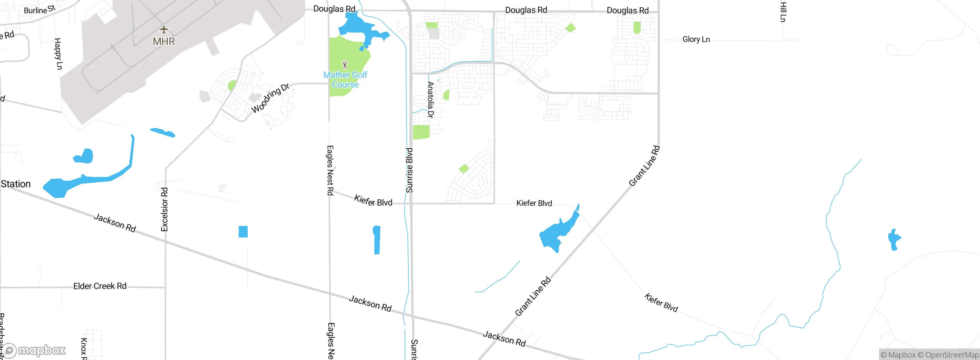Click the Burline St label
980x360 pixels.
[x=39, y=10]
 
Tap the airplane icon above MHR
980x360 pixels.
[x=164, y=29]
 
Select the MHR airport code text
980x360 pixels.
[x=164, y=41]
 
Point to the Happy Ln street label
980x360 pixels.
[x=58, y=54]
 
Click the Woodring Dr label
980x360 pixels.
[x=270, y=98]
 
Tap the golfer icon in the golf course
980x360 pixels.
[x=345, y=64]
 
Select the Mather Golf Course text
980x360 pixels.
[x=345, y=80]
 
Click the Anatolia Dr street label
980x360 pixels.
[x=431, y=100]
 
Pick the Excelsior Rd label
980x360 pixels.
[x=165, y=209]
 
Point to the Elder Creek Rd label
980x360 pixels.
[x=100, y=286]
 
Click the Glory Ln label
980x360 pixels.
[x=696, y=39]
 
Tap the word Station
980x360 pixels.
[x=16, y=184]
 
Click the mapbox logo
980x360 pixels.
[x=34, y=350]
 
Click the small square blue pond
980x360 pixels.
[x=243, y=232]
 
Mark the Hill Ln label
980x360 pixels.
[x=783, y=11]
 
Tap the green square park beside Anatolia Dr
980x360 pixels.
[x=421, y=132]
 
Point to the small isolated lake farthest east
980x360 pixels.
[x=894, y=240]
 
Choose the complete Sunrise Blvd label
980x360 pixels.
[x=409, y=170]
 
